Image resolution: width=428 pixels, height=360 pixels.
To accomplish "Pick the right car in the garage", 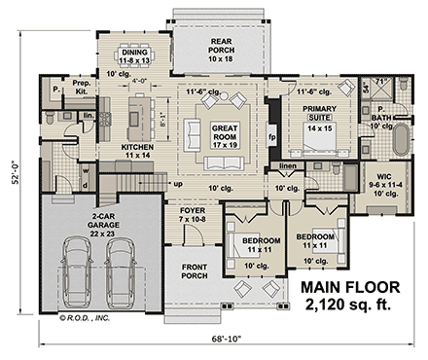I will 121,274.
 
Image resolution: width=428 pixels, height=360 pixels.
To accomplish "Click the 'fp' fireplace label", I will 271,138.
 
